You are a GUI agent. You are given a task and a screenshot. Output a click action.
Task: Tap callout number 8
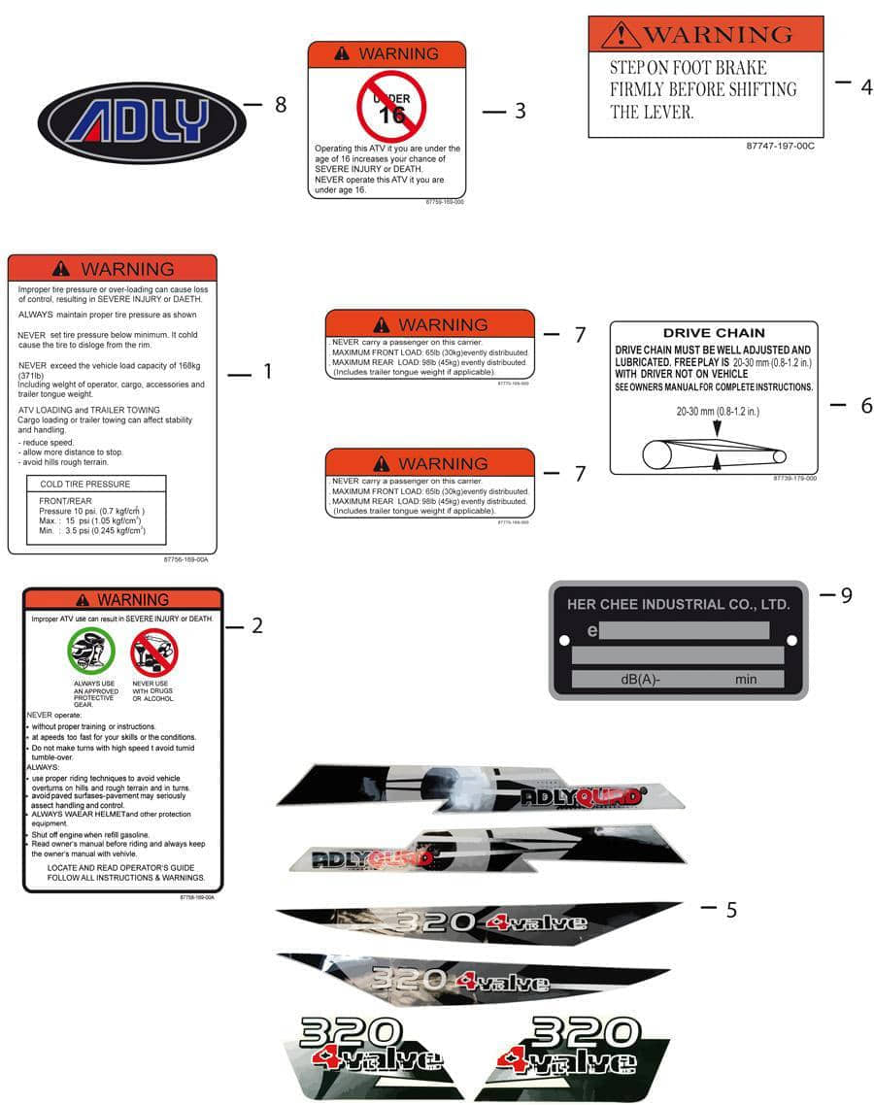[280, 105]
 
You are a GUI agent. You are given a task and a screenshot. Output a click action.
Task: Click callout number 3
[520, 112]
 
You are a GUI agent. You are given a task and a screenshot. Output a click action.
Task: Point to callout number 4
[866, 87]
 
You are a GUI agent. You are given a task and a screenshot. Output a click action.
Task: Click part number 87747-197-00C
[780, 146]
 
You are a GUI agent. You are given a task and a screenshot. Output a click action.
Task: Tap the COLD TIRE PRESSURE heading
[84, 484]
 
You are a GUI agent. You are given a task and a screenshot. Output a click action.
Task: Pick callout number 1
[267, 371]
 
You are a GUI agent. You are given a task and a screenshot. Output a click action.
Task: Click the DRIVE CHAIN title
[714, 332]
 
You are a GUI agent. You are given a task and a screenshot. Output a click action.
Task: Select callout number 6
[866, 406]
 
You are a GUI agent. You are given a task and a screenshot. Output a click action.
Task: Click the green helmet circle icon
[91, 652]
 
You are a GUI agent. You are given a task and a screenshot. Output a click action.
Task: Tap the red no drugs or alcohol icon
[153, 652]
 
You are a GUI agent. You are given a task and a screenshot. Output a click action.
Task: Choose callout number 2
[256, 626]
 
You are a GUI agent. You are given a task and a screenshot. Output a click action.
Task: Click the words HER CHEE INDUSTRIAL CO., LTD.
[678, 604]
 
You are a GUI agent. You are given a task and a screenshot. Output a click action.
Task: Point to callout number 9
[846, 595]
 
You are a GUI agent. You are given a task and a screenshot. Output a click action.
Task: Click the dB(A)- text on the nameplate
[640, 680]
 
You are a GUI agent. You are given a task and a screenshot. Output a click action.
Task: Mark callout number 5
[730, 910]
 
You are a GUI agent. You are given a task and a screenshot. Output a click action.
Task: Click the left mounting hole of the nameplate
[564, 640]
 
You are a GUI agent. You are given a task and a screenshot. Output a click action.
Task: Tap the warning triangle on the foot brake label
[621, 36]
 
